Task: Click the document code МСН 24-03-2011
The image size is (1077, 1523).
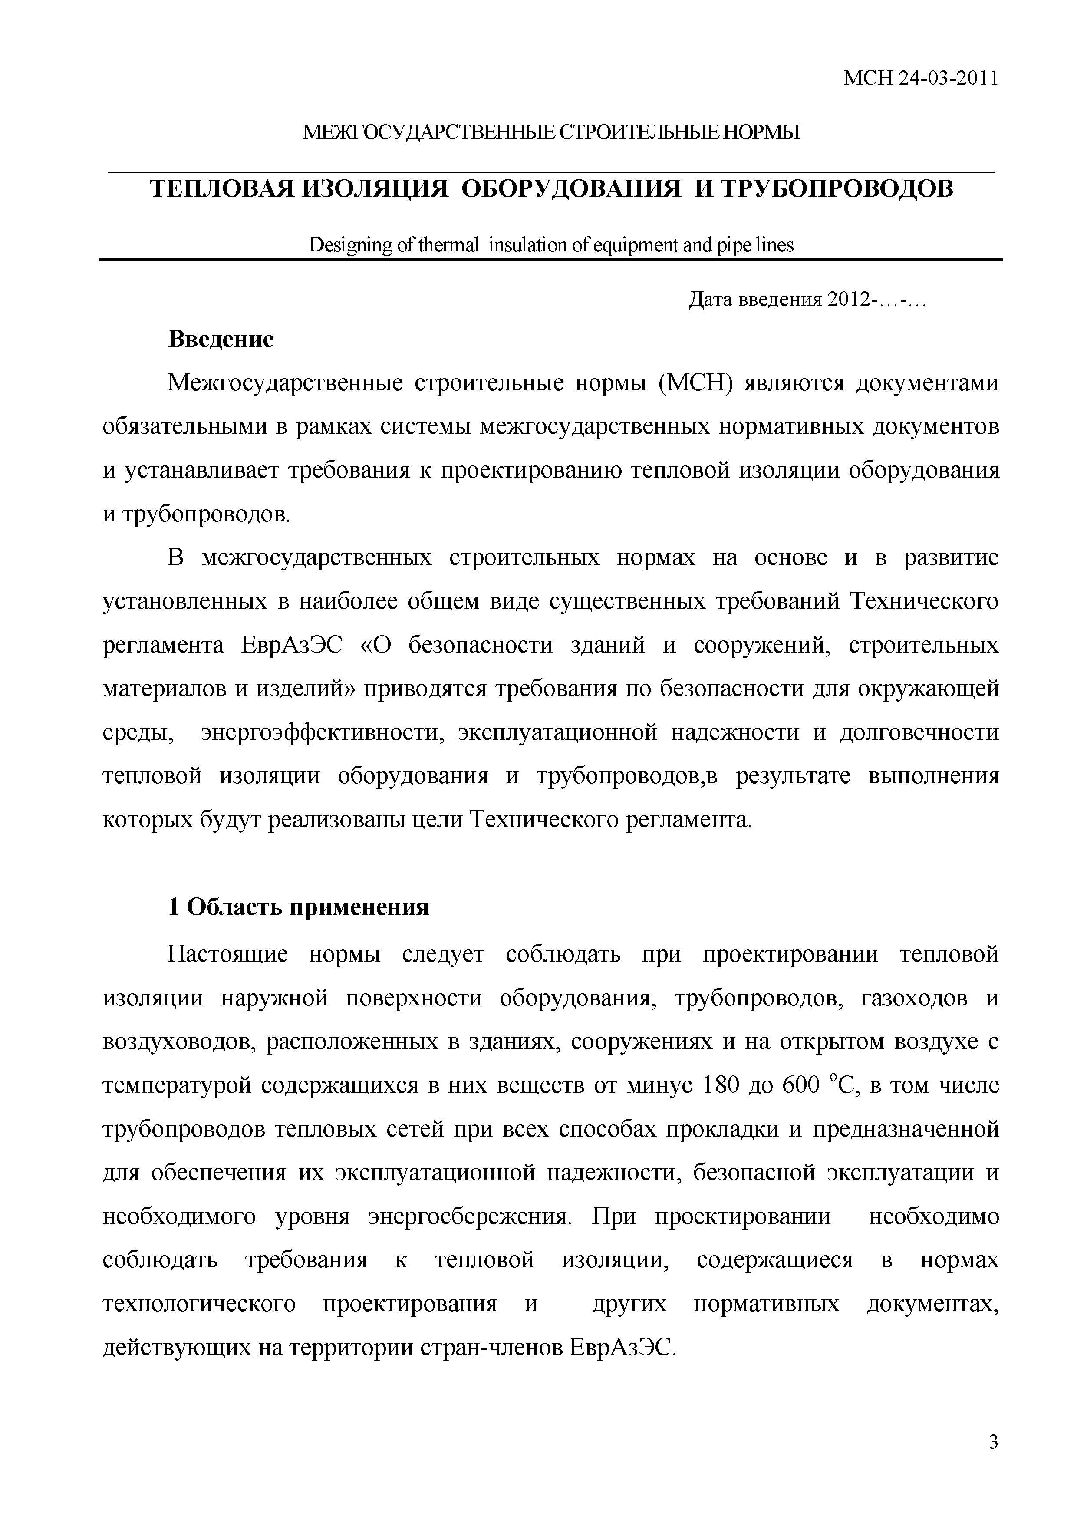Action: pos(920,79)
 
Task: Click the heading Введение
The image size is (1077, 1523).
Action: pos(221,339)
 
